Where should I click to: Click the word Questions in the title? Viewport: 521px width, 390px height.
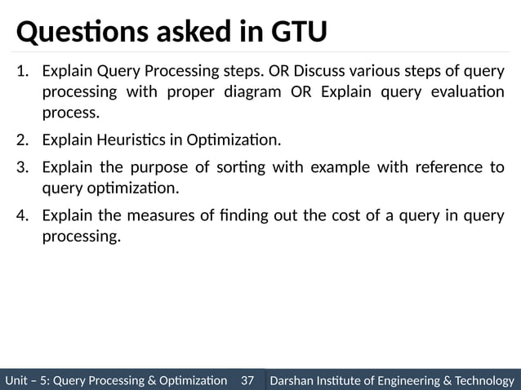coord(74,33)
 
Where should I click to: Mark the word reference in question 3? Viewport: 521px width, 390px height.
coord(449,168)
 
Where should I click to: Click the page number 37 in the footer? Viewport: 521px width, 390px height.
coord(247,380)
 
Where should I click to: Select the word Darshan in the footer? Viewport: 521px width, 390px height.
coord(293,380)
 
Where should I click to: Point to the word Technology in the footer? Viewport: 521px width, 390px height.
coord(484,380)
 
